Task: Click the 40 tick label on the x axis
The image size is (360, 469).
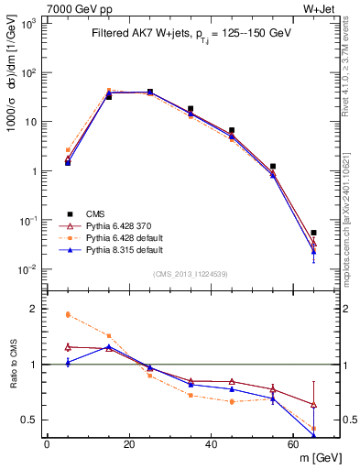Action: point(212,444)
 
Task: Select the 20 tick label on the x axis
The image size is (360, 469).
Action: point(129,444)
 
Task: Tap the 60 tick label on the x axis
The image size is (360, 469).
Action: point(293,444)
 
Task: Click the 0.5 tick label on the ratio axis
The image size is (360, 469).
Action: point(30,420)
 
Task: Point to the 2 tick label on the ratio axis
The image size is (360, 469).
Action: point(35,309)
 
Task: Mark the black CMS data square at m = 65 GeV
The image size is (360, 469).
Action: point(314,233)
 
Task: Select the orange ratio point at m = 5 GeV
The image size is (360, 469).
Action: point(68,314)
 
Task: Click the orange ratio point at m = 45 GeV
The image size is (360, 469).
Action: point(232,401)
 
